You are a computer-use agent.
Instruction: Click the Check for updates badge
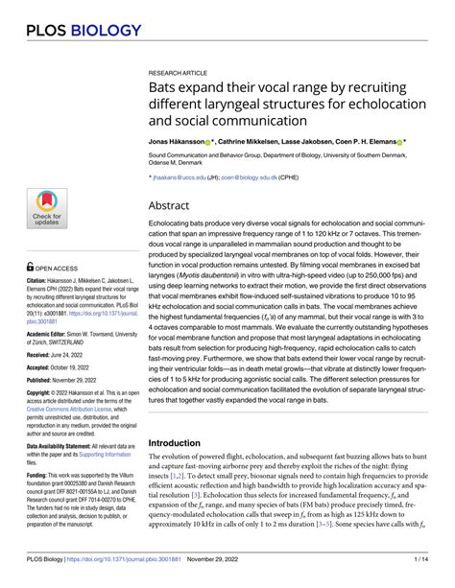pyautogui.click(x=45, y=210)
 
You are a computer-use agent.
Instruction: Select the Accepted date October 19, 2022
pyautogui.click(x=82, y=367)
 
